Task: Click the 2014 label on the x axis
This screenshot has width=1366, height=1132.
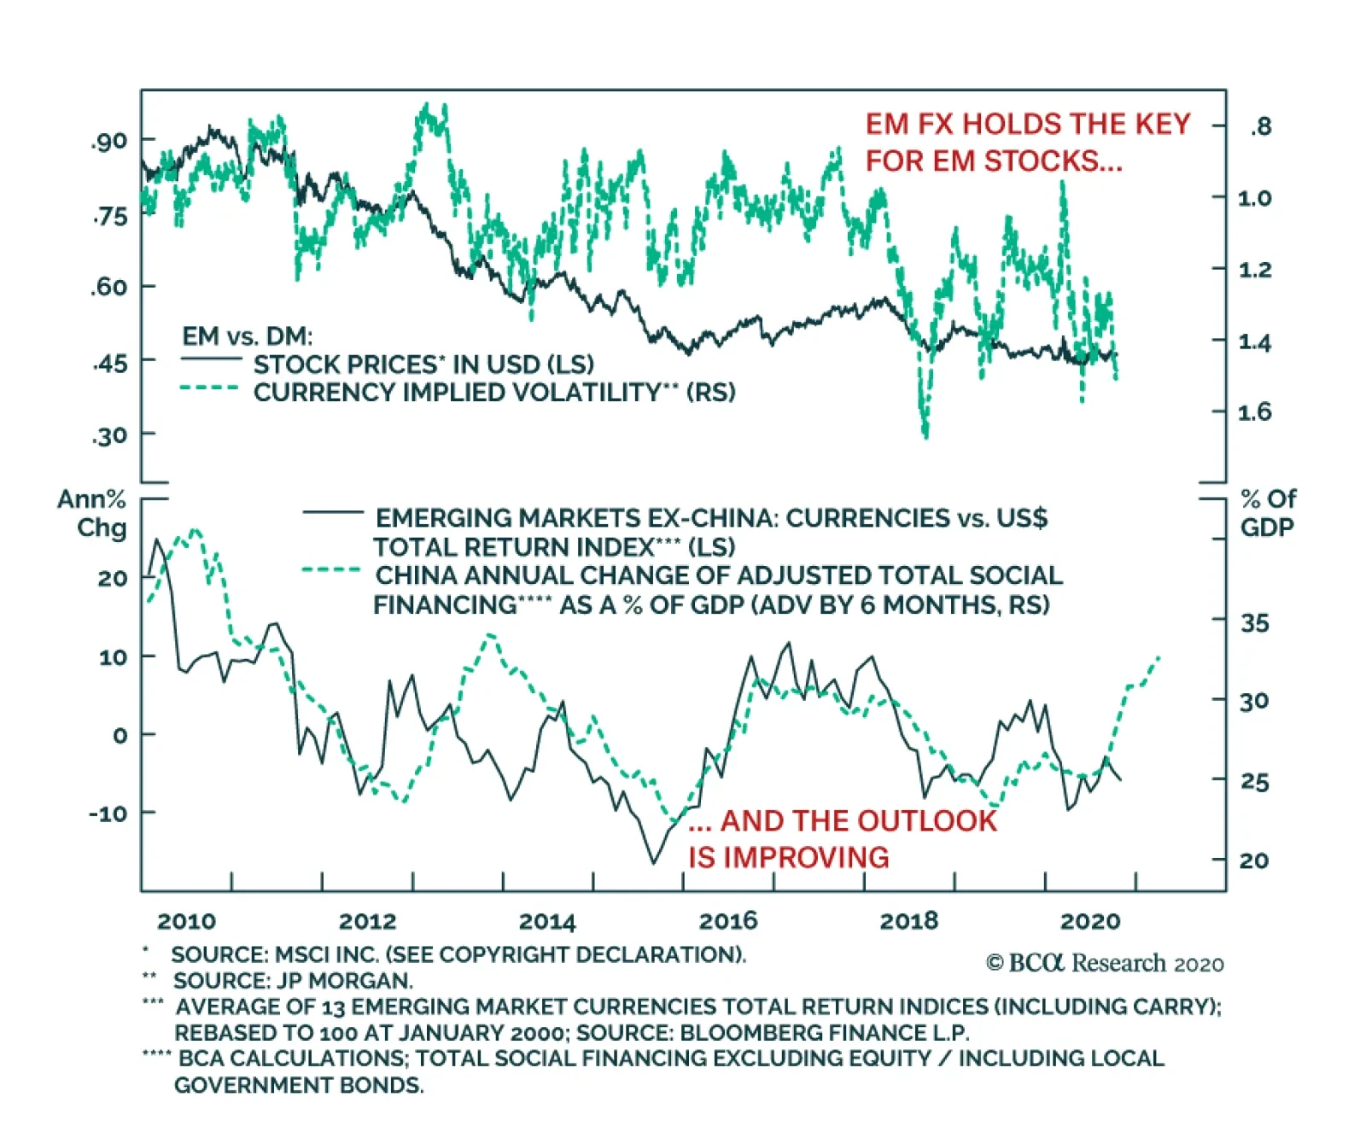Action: click(547, 921)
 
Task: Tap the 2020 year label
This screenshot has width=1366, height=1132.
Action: click(1089, 921)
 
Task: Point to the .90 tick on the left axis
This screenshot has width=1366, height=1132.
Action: click(109, 142)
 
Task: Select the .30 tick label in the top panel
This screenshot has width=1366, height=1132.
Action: click(109, 437)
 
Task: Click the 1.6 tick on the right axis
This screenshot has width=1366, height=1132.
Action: click(1254, 412)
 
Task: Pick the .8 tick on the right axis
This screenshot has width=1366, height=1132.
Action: click(1261, 127)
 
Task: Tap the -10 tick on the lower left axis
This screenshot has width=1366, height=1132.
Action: click(108, 814)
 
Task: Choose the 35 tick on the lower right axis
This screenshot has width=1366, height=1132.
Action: click(1254, 623)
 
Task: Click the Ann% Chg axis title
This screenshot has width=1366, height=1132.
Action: click(93, 513)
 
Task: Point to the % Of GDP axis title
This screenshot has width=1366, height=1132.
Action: click(1268, 513)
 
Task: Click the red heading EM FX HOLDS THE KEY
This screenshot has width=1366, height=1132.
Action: click(1028, 125)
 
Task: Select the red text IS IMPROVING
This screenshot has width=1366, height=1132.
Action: click(789, 857)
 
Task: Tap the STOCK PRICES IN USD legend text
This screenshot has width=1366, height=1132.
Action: click(423, 365)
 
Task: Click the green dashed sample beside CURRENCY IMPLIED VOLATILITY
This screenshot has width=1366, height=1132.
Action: click(209, 389)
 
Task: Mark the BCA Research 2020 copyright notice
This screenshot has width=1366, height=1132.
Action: click(1105, 964)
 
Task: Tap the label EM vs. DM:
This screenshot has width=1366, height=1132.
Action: click(248, 336)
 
